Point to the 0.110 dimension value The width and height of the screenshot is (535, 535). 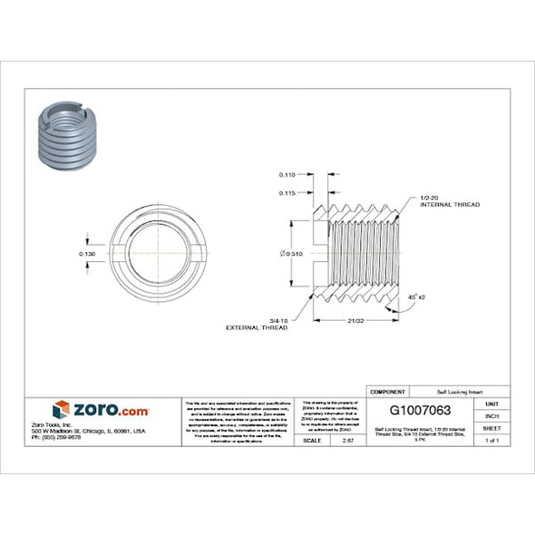pos(287,173)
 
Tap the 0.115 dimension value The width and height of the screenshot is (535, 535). pos(287,192)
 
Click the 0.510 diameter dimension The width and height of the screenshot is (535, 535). pos(291,253)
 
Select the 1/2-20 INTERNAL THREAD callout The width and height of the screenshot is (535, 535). pos(449,201)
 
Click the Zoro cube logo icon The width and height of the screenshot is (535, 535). pos(61,409)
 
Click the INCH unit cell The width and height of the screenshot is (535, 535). pos(491,415)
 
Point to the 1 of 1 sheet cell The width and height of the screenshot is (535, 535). pos(491,440)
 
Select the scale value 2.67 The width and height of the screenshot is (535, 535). pos(347,440)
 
